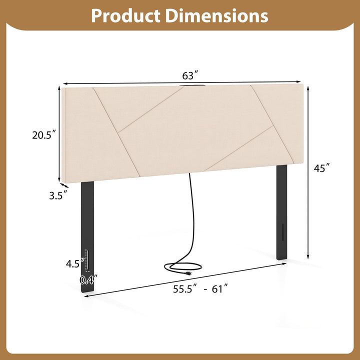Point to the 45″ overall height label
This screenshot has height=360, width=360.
click(x=322, y=168)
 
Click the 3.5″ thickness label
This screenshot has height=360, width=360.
click(x=58, y=196)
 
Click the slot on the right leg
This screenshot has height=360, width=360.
click(x=283, y=232)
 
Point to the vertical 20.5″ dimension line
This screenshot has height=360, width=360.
click(x=59, y=135)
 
